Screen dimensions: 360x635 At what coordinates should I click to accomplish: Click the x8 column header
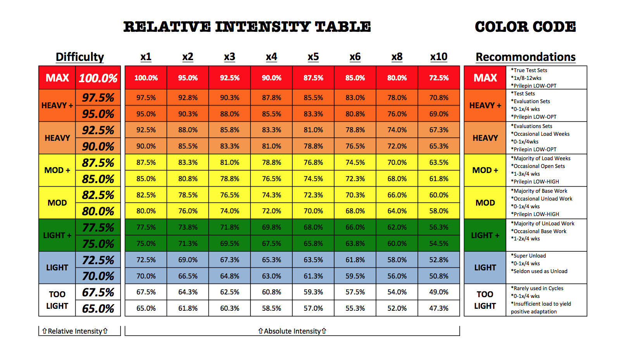pyautogui.click(x=397, y=57)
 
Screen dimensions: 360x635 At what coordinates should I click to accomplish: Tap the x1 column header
pyautogui.click(x=146, y=57)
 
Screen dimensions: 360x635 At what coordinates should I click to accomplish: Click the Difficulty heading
pyautogui.click(x=80, y=57)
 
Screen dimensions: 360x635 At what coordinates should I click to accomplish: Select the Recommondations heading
pyautogui.click(x=525, y=57)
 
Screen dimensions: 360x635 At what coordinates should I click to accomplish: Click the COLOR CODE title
pyautogui.click(x=525, y=27)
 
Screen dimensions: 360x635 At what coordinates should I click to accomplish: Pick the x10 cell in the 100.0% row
pyautogui.click(x=439, y=78)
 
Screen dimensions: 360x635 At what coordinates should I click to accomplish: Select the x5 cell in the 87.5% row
pyautogui.click(x=313, y=163)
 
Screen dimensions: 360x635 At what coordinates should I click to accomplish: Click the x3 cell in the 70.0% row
pyautogui.click(x=229, y=276)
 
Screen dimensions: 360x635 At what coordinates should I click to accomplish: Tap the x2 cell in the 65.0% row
pyautogui.click(x=188, y=308)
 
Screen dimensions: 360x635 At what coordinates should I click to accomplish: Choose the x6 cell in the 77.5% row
pyautogui.click(x=355, y=227)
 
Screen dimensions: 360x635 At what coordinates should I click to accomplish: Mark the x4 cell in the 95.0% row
pyautogui.click(x=271, y=114)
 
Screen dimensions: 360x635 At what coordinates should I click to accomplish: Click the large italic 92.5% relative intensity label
pyautogui.click(x=98, y=130)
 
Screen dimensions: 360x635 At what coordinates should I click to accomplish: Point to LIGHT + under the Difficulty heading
pyautogui.click(x=57, y=235)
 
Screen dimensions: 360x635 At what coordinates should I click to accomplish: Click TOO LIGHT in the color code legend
pyautogui.click(x=485, y=300)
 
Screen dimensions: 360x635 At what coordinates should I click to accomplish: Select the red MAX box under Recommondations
pyautogui.click(x=485, y=78)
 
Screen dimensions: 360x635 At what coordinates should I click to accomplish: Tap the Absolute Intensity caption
pyautogui.click(x=292, y=331)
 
